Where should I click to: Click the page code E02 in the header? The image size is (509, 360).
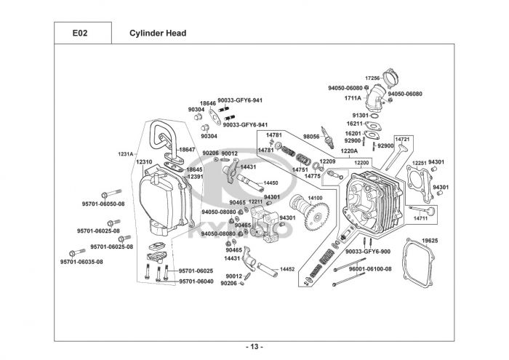(80, 33)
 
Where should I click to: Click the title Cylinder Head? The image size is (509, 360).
(158, 33)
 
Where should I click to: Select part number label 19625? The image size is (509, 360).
(430, 240)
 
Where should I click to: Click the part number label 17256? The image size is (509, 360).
(372, 77)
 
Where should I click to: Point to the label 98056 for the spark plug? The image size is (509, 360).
(311, 136)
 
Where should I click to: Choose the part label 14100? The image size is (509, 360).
(316, 198)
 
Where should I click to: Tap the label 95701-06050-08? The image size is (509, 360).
(103, 204)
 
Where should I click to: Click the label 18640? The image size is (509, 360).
(208, 103)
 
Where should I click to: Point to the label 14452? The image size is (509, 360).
(287, 269)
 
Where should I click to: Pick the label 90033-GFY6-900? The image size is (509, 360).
(368, 251)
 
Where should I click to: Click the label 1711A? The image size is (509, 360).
(353, 97)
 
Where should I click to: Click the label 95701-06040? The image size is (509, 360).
(196, 281)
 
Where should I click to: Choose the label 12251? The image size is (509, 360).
(420, 163)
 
